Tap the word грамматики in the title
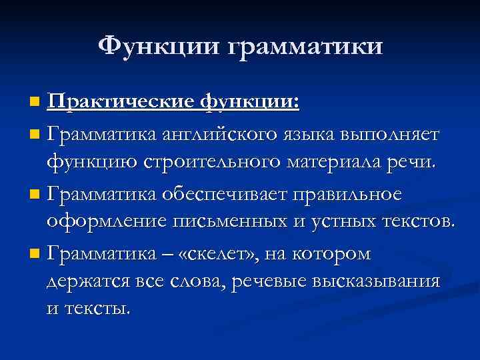coord(306,47)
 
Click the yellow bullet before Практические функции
coord(35,103)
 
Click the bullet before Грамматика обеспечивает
coord(35,195)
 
